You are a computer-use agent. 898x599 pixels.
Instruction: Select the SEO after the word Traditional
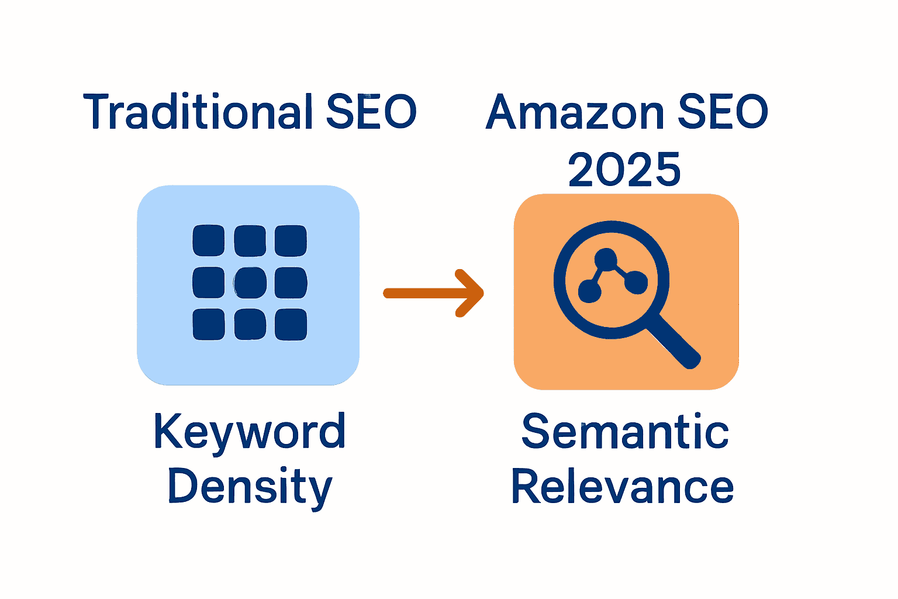tap(371, 112)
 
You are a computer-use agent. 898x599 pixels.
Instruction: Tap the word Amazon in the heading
tap(575, 112)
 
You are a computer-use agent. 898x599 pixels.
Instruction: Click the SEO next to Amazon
tap(722, 112)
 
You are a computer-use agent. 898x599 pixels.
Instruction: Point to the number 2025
tap(624, 170)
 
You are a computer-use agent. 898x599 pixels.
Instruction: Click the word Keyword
tap(250, 432)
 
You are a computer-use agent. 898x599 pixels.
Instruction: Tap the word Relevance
tap(623, 487)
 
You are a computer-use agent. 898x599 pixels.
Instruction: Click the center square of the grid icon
tap(250, 283)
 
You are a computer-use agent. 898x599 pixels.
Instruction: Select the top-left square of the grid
tap(209, 240)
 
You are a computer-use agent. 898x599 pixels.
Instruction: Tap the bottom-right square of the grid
tap(291, 325)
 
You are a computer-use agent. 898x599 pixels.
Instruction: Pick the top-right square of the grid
tap(291, 240)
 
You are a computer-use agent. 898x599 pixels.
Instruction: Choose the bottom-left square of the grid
tap(209, 325)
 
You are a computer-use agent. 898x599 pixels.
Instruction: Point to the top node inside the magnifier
tap(606, 259)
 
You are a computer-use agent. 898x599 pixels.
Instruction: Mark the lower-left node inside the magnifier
tap(589, 290)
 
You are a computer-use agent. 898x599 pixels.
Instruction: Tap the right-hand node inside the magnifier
tap(636, 283)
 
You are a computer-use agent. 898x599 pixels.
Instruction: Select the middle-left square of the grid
tap(209, 283)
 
